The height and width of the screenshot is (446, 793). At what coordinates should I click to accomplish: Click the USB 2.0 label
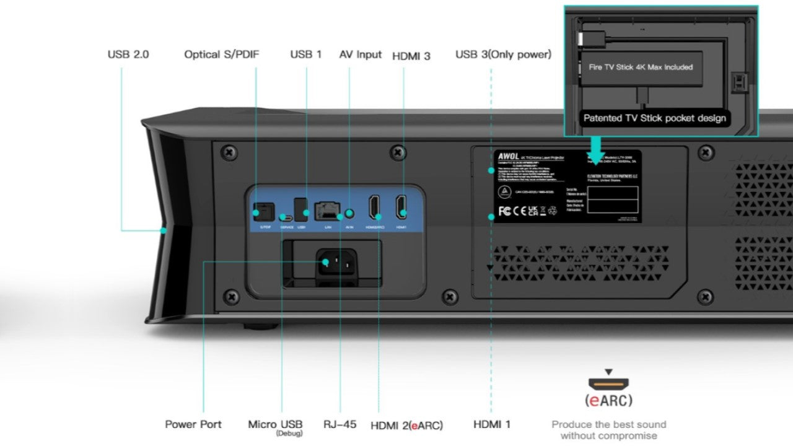pyautogui.click(x=128, y=55)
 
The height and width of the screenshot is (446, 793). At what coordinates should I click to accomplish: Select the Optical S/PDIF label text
pyautogui.click(x=221, y=55)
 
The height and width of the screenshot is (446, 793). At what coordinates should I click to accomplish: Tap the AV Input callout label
pyautogui.click(x=360, y=55)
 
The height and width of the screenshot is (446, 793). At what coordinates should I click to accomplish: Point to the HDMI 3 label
pyautogui.click(x=411, y=56)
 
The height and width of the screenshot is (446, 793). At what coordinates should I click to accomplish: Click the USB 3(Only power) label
pyautogui.click(x=503, y=55)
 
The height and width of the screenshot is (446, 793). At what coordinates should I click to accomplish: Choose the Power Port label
pyautogui.click(x=193, y=424)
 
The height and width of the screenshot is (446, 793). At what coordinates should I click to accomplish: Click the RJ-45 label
pyautogui.click(x=340, y=424)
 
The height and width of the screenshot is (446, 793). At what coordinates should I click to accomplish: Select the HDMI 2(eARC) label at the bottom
pyautogui.click(x=406, y=425)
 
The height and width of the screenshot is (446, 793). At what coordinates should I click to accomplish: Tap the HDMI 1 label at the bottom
pyautogui.click(x=492, y=424)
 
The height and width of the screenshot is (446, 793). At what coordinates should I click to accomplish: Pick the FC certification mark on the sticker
pyautogui.click(x=504, y=211)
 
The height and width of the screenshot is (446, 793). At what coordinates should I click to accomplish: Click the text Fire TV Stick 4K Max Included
pyautogui.click(x=636, y=67)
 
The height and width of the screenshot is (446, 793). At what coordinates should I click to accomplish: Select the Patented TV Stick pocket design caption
pyautogui.click(x=654, y=118)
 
